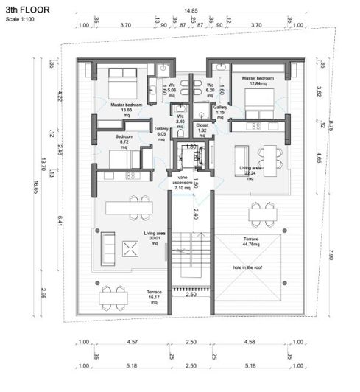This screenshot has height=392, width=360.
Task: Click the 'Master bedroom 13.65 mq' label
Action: tap(127, 110)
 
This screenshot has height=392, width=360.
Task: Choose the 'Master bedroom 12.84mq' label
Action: tap(253, 80)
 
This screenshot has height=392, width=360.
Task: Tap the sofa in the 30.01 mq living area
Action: tap(107, 242)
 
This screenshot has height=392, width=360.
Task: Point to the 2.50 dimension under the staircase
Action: tap(191, 295)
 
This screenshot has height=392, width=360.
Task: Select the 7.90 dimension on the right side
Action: tap(331, 256)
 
